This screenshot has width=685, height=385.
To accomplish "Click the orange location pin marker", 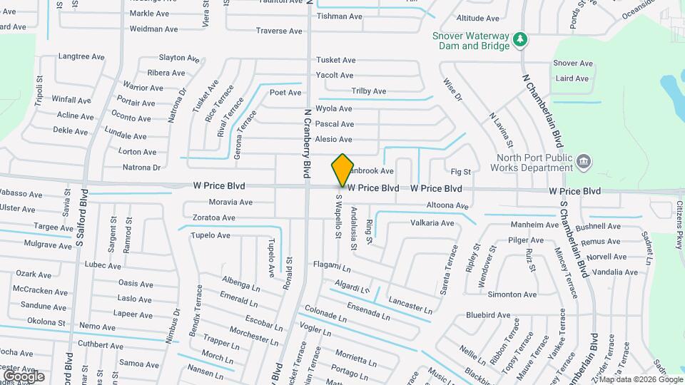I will (x=342, y=170).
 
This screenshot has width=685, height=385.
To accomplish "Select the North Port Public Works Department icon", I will (x=583, y=162).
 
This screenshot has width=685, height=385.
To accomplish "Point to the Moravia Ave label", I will (x=230, y=202).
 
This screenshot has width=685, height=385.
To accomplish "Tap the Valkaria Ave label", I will (x=432, y=223).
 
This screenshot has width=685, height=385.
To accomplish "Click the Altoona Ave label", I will (x=447, y=206).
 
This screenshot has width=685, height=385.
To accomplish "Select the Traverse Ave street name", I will (x=279, y=31).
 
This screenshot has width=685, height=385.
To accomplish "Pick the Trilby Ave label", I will (x=369, y=91).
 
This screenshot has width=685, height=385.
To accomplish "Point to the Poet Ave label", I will (x=285, y=93).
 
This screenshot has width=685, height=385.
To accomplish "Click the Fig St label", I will (x=461, y=172).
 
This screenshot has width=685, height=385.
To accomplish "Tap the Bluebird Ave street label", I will (x=488, y=314).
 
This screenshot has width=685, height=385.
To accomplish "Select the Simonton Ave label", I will (x=512, y=294).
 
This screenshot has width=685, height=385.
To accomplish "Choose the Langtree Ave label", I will (x=81, y=56).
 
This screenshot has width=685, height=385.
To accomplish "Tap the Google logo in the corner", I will (x=24, y=376).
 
